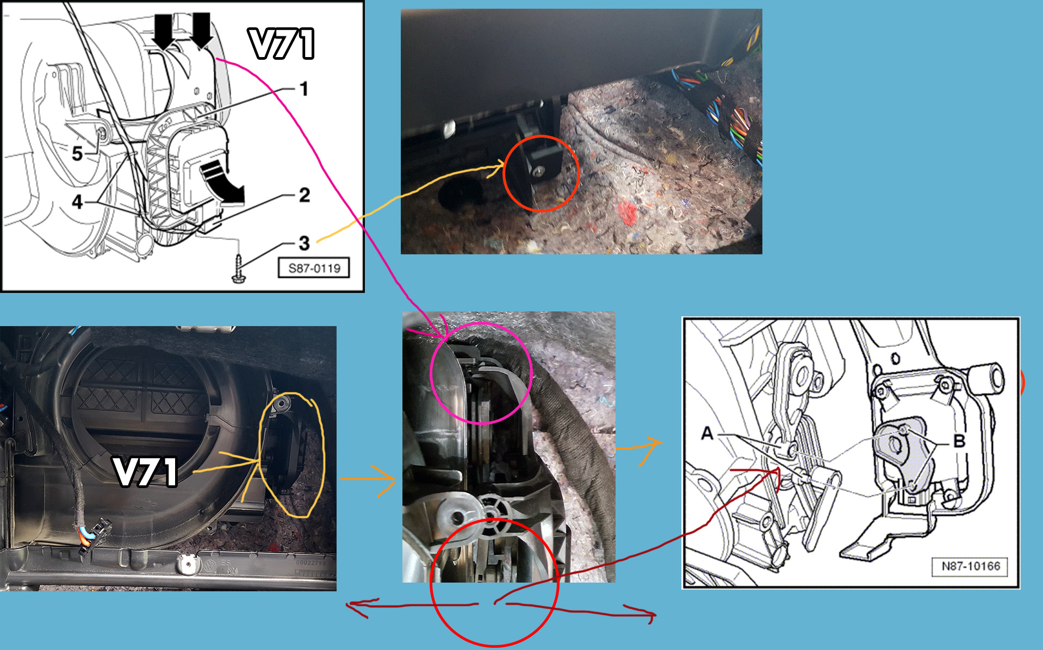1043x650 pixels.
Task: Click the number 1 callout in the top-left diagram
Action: point(304,89)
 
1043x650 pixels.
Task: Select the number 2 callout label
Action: point(305,195)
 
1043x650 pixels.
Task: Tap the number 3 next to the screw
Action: point(304,243)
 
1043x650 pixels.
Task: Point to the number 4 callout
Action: point(78,202)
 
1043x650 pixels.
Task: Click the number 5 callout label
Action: point(78,154)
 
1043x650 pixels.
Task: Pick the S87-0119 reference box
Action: point(314,268)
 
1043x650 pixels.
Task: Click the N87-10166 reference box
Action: point(971,566)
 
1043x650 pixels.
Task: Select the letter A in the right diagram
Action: point(707,433)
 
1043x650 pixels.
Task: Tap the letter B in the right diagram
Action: point(959,441)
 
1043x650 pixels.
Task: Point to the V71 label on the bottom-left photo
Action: point(146,471)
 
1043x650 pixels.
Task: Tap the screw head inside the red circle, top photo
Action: point(538,172)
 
